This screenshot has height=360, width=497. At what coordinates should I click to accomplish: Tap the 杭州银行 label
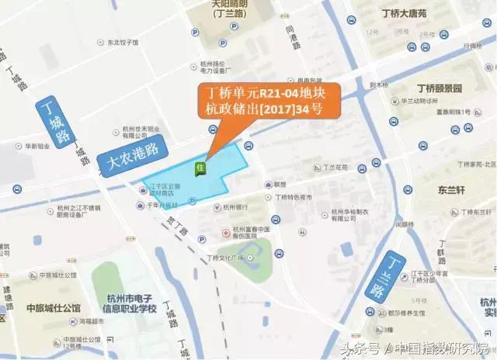pyautogui.click(x=235, y=207)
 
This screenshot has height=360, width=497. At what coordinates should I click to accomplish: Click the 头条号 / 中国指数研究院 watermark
pyautogui.click(x=413, y=348)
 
